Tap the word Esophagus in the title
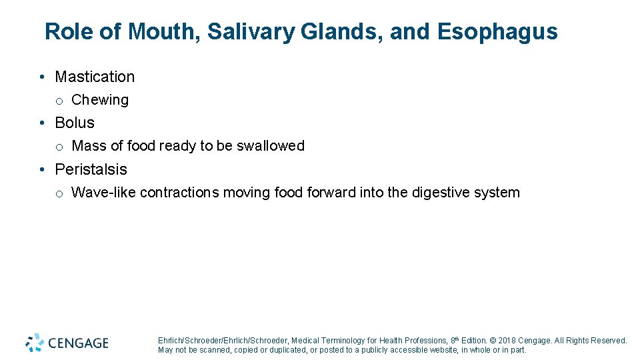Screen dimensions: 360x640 coord(497,31)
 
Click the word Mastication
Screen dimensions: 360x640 coord(95,77)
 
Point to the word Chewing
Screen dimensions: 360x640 coord(100,100)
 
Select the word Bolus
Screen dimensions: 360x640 coord(75,123)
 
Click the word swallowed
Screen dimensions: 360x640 coord(270,146)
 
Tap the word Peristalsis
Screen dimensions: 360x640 coord(91,169)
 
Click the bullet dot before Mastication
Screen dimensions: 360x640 coord(42,77)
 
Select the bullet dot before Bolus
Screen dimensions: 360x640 coord(42,123)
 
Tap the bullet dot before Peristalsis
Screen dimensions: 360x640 coord(42,170)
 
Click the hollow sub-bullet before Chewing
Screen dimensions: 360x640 coord(59,101)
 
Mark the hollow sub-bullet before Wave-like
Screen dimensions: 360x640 coord(59,193)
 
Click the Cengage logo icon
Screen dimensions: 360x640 coord(35,343)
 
